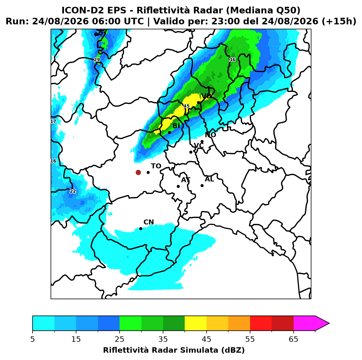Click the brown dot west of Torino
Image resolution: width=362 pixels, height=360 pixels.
(138, 172)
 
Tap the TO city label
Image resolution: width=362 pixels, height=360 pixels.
(156, 166)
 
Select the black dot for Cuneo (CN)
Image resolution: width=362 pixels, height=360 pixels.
(141, 229)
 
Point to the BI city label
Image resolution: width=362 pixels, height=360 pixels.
(176, 126)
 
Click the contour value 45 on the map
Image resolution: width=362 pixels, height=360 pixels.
(186, 106)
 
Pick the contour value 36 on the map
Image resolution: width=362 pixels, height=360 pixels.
(232, 60)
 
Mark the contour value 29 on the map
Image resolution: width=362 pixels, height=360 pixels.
(97, 60)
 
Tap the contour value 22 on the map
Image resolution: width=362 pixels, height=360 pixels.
(73, 191)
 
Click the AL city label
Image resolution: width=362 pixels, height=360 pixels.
(209, 179)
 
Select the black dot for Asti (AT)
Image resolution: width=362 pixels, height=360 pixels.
(178, 186)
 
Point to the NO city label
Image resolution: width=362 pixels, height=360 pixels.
(210, 135)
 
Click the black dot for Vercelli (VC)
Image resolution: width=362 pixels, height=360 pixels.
(191, 152)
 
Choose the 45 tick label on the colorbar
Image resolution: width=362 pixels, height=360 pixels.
(207, 339)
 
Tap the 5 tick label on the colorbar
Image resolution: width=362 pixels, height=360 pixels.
(33, 339)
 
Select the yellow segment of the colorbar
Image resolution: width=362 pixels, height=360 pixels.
(196, 323)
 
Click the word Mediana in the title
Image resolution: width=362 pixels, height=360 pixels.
(249, 10)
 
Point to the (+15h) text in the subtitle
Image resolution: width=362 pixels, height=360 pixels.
(339, 21)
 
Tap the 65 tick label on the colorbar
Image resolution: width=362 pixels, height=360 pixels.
(293, 339)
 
